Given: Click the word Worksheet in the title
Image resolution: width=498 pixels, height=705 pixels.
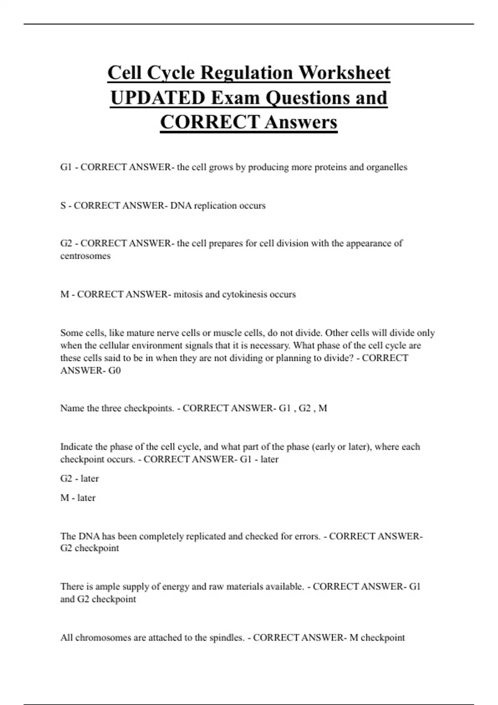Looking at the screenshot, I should point(344,73).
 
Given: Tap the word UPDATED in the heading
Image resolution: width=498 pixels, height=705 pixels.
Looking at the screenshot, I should point(158,98).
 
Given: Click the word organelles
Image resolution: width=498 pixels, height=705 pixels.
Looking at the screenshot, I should point(386,167).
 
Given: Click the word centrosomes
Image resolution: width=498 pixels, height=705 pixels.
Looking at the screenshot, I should point(85,256).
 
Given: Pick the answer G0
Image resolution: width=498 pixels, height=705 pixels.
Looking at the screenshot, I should point(115,370).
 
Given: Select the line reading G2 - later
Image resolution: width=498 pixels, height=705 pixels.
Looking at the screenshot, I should point(80,479).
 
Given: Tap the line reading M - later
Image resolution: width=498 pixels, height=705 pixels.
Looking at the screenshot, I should point(78,498).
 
